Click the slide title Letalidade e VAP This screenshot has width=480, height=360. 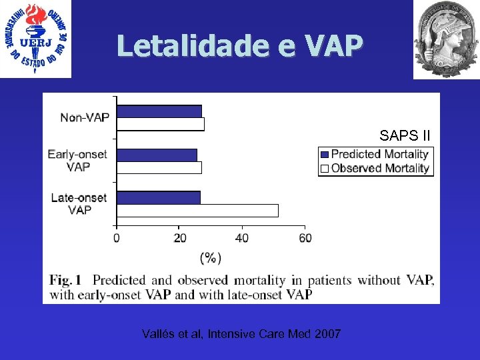click(239, 45)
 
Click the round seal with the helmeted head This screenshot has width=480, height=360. click(445, 39)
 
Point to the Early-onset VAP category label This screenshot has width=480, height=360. click(77, 160)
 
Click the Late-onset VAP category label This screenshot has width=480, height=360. click(79, 203)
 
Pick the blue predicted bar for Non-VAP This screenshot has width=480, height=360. click(159, 111)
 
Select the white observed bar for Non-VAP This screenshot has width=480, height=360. click(161, 124)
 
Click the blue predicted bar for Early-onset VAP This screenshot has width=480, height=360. click(157, 155)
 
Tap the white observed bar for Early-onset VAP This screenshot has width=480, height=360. click(159, 167)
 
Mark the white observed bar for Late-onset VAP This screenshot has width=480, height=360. click(197, 211)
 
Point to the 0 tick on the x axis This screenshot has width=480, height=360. click(117, 238)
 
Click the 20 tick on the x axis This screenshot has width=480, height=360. click(180, 238)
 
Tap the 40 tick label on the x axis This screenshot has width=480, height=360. click(242, 238)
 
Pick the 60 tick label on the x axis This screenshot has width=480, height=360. click(304, 238)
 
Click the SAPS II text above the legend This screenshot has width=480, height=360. click(405, 136)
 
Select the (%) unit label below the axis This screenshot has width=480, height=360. click(211, 257)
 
